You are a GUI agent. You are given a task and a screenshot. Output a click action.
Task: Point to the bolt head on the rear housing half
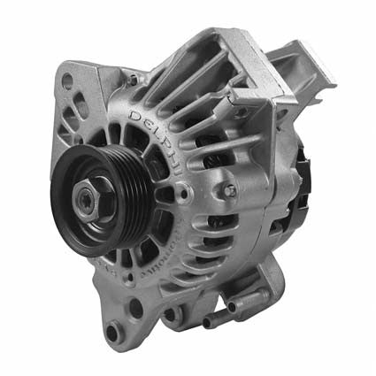tap(229, 190)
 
